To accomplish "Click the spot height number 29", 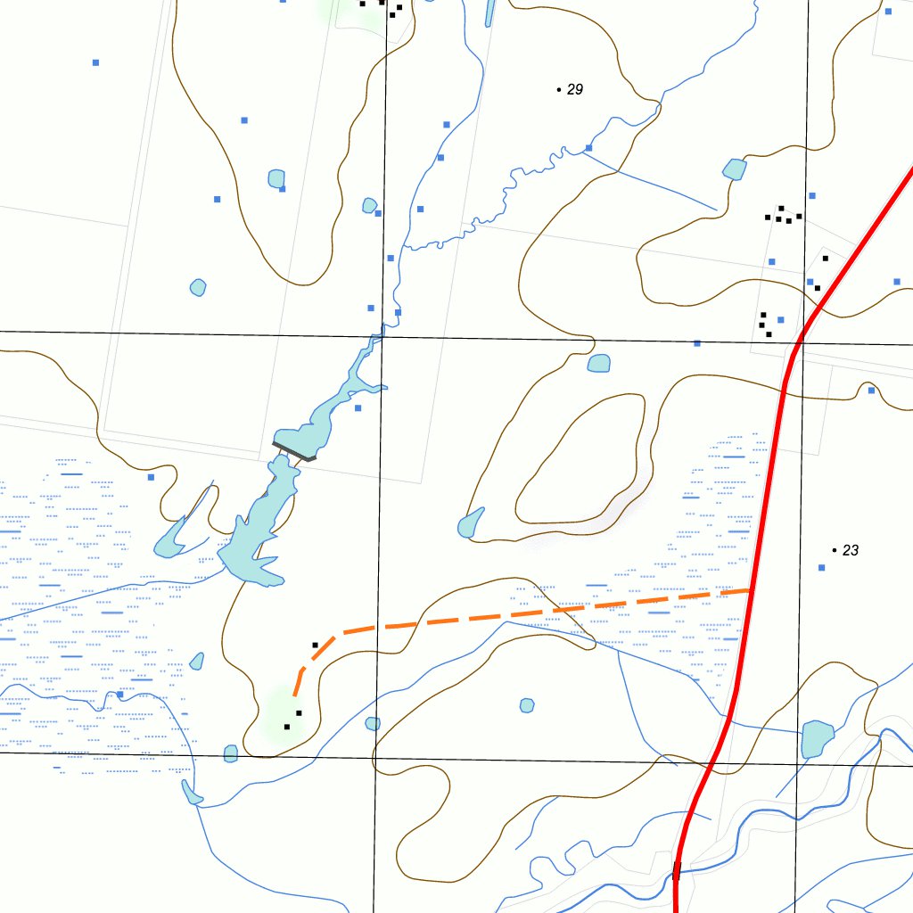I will click(575, 90).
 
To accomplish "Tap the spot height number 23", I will click(851, 551).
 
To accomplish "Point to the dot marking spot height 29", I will click(559, 90).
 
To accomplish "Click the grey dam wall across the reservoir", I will click(294, 451).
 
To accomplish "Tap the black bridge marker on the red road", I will click(677, 870).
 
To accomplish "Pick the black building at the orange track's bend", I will click(315, 645).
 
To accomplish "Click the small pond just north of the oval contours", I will click(599, 363).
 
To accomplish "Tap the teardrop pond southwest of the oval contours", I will click(470, 524).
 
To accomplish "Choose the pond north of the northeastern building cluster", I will click(735, 169).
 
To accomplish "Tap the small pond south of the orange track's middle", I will click(527, 706).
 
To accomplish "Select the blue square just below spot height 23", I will click(822, 568).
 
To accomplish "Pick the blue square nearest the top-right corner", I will click(888, 12).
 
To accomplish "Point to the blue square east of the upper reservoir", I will click(358, 408).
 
